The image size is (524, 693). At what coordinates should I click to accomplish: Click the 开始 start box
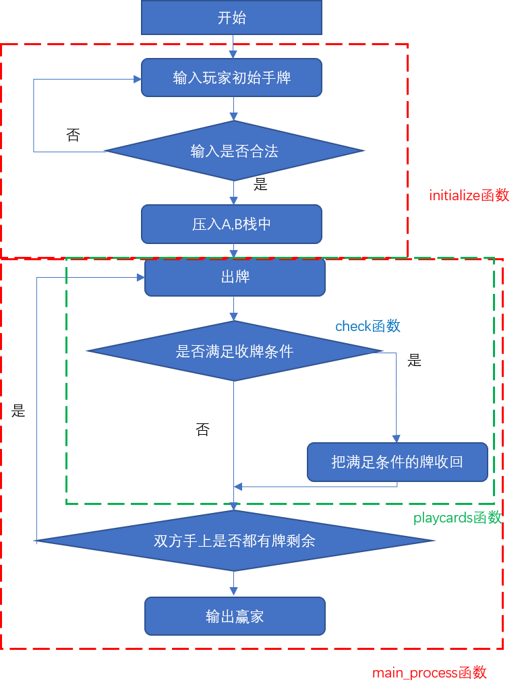[231, 18]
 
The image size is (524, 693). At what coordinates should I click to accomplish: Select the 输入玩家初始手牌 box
[231, 78]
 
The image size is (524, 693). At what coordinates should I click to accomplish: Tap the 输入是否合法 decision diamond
[234, 151]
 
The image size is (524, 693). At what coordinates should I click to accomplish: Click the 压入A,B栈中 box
[231, 224]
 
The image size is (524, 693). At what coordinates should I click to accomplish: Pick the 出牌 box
[235, 277]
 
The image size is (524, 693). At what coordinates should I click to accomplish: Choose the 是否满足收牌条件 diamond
[234, 351]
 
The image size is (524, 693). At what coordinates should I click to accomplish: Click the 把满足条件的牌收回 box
[397, 462]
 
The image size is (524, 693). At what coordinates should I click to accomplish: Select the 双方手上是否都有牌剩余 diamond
[234, 541]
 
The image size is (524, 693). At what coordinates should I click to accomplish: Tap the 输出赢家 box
[235, 616]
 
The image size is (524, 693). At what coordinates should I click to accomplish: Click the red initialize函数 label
[469, 195]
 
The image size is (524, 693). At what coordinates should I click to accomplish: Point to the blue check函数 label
[368, 326]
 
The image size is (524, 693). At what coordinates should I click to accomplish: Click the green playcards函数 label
[457, 518]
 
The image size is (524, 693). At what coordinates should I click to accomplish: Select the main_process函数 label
[429, 673]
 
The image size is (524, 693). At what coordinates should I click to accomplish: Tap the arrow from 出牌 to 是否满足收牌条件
[234, 309]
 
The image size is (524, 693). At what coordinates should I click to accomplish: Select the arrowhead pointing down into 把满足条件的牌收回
[397, 438]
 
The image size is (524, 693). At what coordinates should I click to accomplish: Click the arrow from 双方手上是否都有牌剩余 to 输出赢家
[234, 584]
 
